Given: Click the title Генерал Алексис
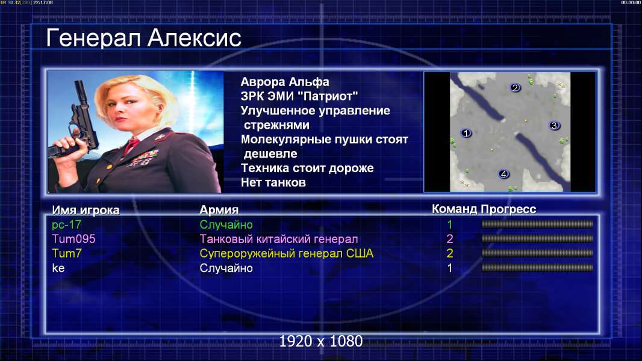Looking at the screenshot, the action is (x=143, y=38).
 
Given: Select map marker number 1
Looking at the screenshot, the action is (x=466, y=133).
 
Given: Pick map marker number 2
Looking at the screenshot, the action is (x=515, y=87).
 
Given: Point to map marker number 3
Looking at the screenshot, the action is (x=555, y=126).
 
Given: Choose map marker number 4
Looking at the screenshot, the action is (x=503, y=174).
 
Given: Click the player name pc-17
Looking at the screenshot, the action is (x=67, y=224).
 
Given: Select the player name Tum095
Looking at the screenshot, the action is (x=73, y=239).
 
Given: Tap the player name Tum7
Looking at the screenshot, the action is (x=67, y=253).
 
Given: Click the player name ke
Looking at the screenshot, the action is (x=58, y=268).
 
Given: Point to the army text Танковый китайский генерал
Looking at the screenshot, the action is (x=279, y=239).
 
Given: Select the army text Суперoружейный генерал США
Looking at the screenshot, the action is (x=287, y=253).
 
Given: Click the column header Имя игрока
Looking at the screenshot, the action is (x=86, y=210).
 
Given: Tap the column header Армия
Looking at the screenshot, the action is (x=219, y=210).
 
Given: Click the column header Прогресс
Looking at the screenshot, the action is (x=508, y=209).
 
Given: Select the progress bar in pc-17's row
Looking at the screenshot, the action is (x=537, y=224).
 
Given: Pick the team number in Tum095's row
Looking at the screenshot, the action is (x=450, y=239).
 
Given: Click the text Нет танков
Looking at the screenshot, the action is (x=273, y=182).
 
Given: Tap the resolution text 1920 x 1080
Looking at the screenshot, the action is (x=321, y=341).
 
